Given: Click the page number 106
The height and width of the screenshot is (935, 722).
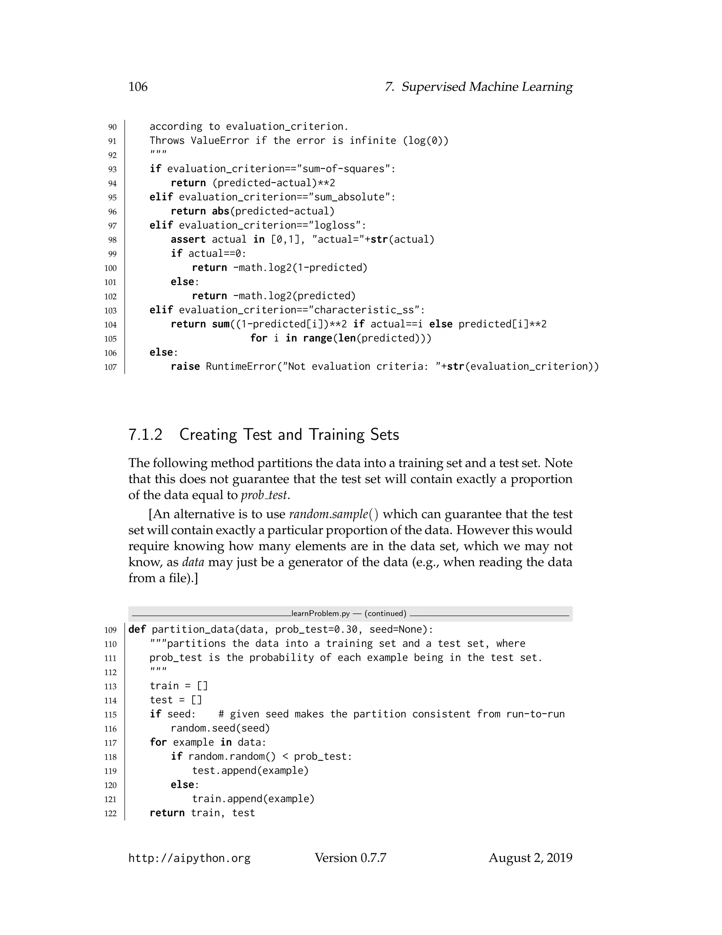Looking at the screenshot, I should (x=138, y=87).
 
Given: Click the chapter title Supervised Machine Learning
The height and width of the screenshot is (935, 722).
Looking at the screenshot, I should (x=487, y=87).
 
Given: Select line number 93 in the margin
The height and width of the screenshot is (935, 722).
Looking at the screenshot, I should (x=112, y=169).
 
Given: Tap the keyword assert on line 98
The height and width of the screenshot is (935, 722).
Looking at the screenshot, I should (x=188, y=239).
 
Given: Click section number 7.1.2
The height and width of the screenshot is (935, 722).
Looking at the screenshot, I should (x=146, y=435).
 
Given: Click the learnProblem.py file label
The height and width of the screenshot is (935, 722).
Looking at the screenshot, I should (x=320, y=614).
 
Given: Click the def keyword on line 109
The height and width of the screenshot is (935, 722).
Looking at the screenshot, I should (x=137, y=629).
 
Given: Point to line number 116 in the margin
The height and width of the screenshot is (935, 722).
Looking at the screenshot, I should (x=110, y=729).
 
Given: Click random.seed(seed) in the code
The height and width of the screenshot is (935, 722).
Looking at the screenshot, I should (x=220, y=728).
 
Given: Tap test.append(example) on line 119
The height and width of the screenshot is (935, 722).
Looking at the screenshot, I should (x=250, y=771).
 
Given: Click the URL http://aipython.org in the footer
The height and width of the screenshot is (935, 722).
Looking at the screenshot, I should (x=189, y=858).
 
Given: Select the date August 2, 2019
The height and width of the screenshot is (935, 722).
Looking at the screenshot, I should (x=530, y=858).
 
